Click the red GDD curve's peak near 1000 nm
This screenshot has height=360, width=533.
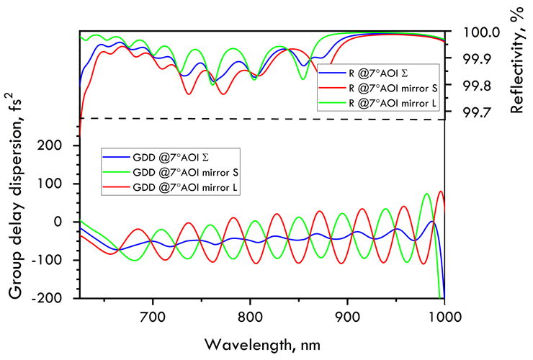pos(440,192)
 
